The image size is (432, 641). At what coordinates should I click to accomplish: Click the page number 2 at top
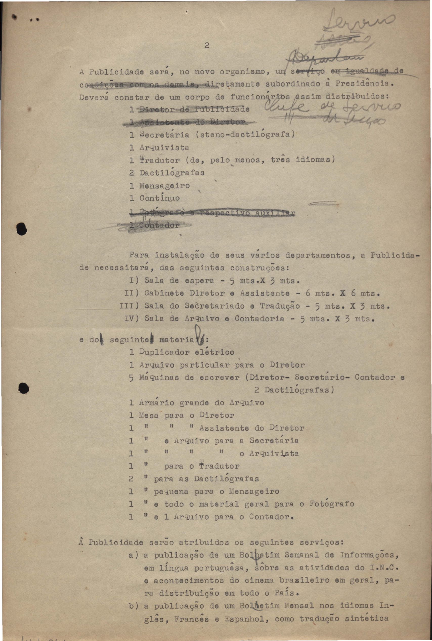coord(207,46)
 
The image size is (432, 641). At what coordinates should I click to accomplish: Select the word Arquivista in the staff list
coord(164,148)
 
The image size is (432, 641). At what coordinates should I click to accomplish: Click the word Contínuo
coord(160,198)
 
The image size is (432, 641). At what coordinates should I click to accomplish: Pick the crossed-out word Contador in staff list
coord(159,225)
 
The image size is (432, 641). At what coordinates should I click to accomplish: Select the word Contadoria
coord(259,319)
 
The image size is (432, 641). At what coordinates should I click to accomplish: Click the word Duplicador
coord(164,352)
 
